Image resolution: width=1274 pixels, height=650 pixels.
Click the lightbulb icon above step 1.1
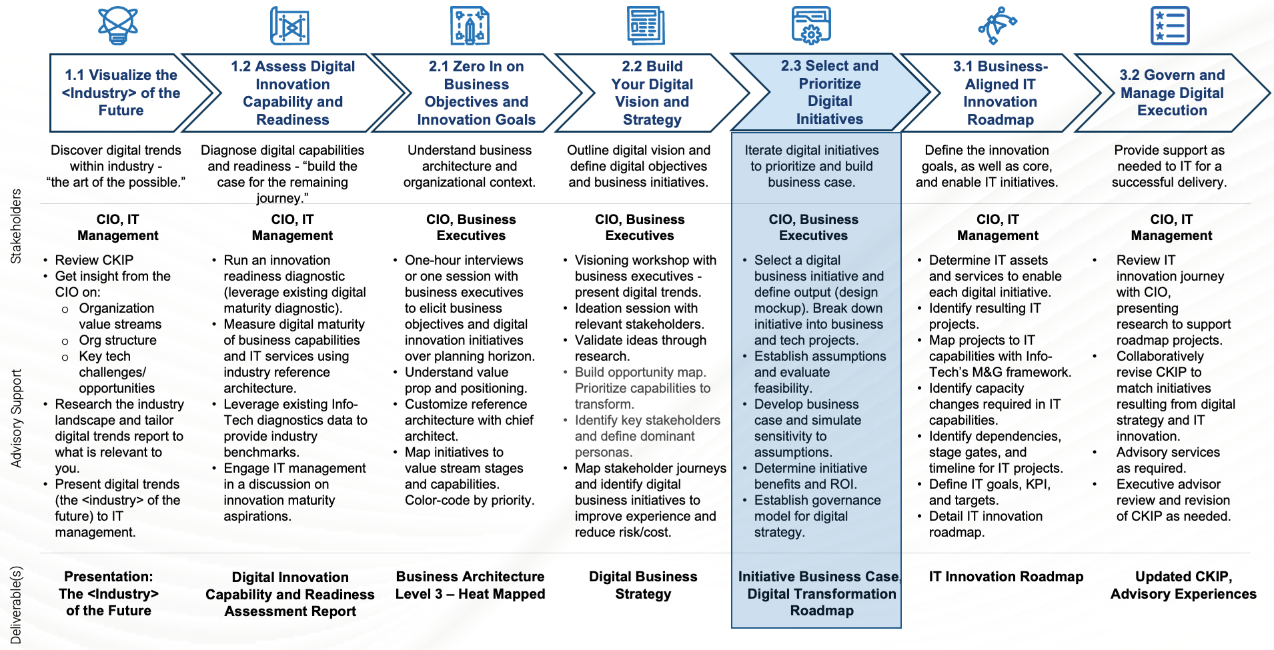[x=118, y=25]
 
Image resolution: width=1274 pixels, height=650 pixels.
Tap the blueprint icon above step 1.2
[x=289, y=26]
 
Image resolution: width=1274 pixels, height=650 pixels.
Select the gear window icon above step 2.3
[x=811, y=25]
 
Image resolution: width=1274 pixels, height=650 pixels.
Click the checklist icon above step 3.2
[x=1170, y=26]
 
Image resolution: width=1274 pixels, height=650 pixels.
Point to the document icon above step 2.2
[x=646, y=26]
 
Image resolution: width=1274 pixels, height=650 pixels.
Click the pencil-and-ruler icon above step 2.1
[x=470, y=26]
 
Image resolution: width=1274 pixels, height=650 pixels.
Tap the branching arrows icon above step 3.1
[x=997, y=25]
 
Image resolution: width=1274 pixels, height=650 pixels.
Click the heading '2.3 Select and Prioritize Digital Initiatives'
[x=830, y=92]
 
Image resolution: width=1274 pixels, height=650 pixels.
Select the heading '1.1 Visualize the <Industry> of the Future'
[x=121, y=93]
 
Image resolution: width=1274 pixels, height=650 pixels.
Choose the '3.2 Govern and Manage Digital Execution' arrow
[x=1172, y=93]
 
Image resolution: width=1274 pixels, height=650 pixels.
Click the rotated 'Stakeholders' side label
[x=16, y=227]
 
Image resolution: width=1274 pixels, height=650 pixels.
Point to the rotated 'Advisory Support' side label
[x=16, y=418]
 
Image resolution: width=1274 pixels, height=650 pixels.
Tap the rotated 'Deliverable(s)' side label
[x=16, y=605]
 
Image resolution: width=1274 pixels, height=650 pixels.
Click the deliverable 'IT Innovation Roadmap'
[x=1006, y=577]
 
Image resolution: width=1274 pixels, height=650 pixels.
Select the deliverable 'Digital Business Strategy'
[x=643, y=585]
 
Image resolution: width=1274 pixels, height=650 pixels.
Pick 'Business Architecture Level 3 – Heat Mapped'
[x=470, y=585]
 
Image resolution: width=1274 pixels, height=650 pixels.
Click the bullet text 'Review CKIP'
[x=94, y=260]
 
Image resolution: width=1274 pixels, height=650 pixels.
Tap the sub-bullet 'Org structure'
[x=117, y=340]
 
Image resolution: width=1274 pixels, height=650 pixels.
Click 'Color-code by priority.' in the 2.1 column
[x=470, y=500]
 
